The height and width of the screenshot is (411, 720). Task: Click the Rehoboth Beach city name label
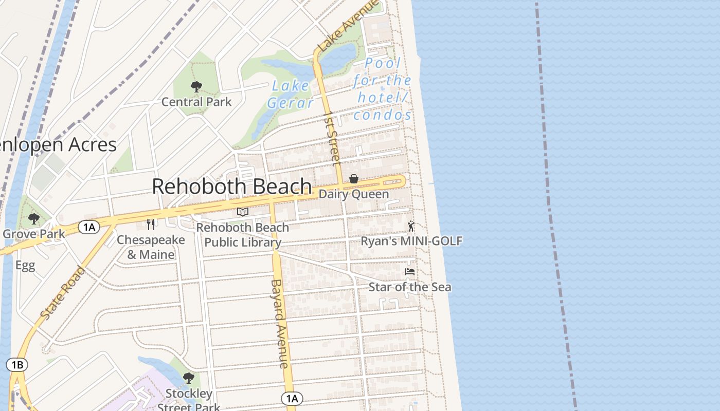(231, 186)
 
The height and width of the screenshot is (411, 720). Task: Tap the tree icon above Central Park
(196, 86)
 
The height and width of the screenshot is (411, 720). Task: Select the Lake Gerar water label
(290, 94)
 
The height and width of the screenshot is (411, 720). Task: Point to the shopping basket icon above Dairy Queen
(354, 179)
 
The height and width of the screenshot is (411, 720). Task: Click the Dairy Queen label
(354, 194)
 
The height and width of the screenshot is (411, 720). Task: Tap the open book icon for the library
(243, 212)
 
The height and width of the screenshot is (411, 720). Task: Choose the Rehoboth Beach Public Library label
(242, 234)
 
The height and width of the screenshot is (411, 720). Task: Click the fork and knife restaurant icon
(151, 224)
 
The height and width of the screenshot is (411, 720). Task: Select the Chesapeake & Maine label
(151, 247)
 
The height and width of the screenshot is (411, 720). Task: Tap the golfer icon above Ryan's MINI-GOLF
(410, 226)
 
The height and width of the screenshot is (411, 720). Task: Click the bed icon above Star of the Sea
(410, 271)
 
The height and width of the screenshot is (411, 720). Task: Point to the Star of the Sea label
(410, 287)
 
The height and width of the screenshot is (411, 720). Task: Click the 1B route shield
(17, 365)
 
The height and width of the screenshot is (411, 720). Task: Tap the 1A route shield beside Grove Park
(89, 227)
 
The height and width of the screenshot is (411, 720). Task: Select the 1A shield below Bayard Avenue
(292, 398)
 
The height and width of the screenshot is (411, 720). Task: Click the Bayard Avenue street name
(280, 324)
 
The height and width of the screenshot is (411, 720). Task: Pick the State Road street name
(62, 293)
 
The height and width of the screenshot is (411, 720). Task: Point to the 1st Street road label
(332, 139)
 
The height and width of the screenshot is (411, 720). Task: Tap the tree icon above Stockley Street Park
(189, 378)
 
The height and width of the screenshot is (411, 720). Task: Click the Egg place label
(25, 266)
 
